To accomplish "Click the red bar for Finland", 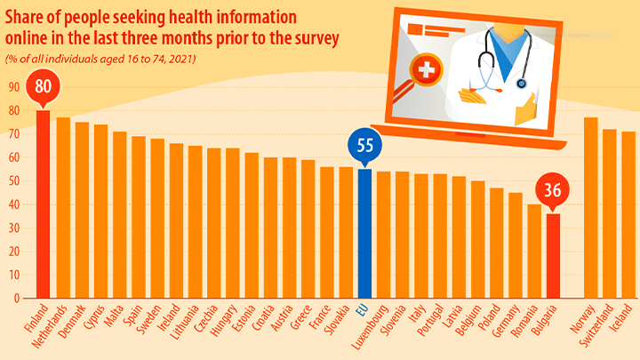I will coord(43,204).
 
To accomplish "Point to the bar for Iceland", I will coord(628,214).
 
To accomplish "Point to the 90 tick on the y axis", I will coord(14,87).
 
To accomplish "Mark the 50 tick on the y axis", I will coord(14,180).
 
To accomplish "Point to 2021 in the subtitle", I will coord(181,59).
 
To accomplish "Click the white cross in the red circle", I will coord(428,70).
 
